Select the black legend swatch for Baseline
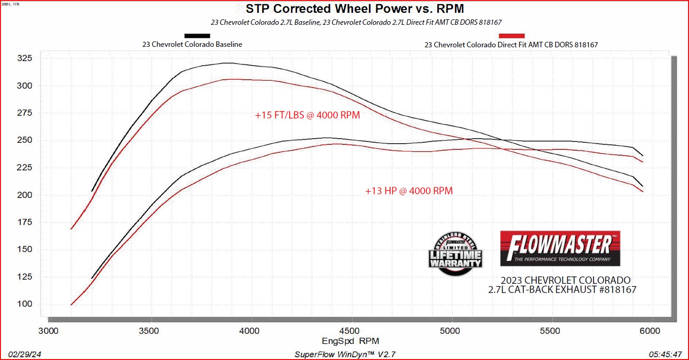197,36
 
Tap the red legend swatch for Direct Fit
511,36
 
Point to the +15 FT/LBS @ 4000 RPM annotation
308,116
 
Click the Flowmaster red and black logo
560,248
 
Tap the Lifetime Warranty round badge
455,254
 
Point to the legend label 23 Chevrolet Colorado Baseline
192,45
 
